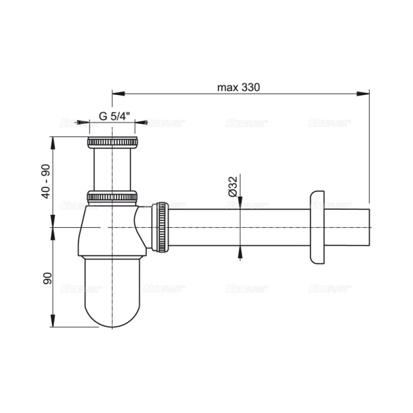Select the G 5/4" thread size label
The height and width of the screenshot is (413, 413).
coord(112,116)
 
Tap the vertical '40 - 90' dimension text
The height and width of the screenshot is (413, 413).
coord(45,181)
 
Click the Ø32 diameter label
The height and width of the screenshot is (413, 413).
coord(233,186)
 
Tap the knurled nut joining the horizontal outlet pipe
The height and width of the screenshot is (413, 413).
coord(161,226)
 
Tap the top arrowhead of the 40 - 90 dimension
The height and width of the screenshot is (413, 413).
coord(54,140)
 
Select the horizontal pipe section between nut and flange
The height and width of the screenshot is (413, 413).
coord(237,226)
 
